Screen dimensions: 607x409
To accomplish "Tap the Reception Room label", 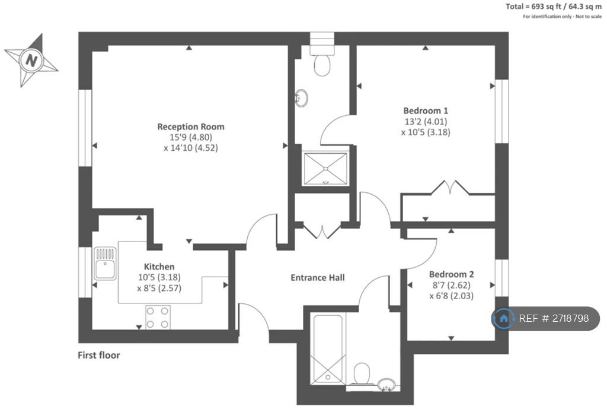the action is tap(191, 127).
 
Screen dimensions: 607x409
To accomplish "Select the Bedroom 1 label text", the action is tap(426, 111).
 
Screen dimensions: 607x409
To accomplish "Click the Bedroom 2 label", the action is tap(451, 274).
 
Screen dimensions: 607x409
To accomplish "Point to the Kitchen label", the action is tap(159, 267).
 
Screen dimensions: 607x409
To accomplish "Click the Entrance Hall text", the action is tap(318, 278).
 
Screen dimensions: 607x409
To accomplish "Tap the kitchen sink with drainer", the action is tap(105, 264).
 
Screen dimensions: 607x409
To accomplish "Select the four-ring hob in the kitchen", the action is tap(158, 318).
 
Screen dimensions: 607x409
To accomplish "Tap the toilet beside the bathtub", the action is tap(362, 374).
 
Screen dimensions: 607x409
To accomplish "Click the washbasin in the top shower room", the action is tap(301, 98).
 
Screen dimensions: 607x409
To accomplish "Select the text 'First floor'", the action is tap(99, 355).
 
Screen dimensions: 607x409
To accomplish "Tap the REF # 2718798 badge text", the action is tap(554, 318).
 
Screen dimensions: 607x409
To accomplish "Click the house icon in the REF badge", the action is tap(504, 319).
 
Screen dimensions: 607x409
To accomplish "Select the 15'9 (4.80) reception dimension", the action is tap(191, 137).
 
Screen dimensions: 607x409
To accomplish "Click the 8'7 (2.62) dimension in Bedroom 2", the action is tap(451, 286).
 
